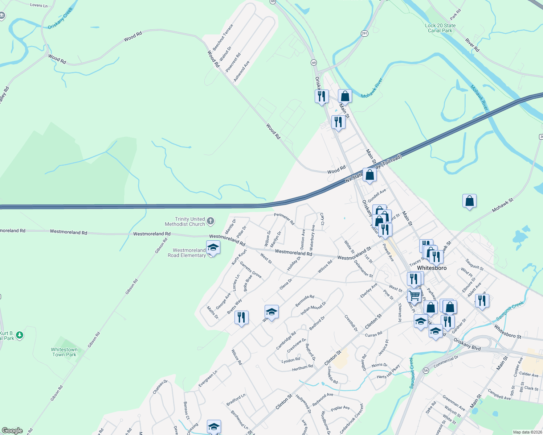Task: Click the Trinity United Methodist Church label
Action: pos(185,221)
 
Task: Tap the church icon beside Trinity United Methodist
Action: pos(211,221)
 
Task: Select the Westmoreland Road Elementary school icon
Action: pos(213,248)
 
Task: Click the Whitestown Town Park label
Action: pos(64,352)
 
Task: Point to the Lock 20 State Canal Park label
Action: pos(440,28)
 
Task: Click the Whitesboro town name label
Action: pos(432,268)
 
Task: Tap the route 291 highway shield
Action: pos(364,33)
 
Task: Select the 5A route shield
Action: pos(426,370)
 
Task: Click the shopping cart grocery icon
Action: pos(414,295)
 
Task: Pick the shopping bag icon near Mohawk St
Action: pos(469,201)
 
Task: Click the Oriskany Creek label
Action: pos(61,18)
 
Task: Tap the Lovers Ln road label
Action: pos(39,5)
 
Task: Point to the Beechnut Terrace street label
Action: pos(222,37)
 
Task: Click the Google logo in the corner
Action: pos(12,430)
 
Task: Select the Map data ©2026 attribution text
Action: pos(526,432)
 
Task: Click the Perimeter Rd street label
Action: pos(284,219)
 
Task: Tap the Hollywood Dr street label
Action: pos(303,404)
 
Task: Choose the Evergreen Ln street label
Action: pos(208,378)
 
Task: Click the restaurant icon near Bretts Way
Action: pos(241,317)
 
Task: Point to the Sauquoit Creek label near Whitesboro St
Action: pos(510,310)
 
